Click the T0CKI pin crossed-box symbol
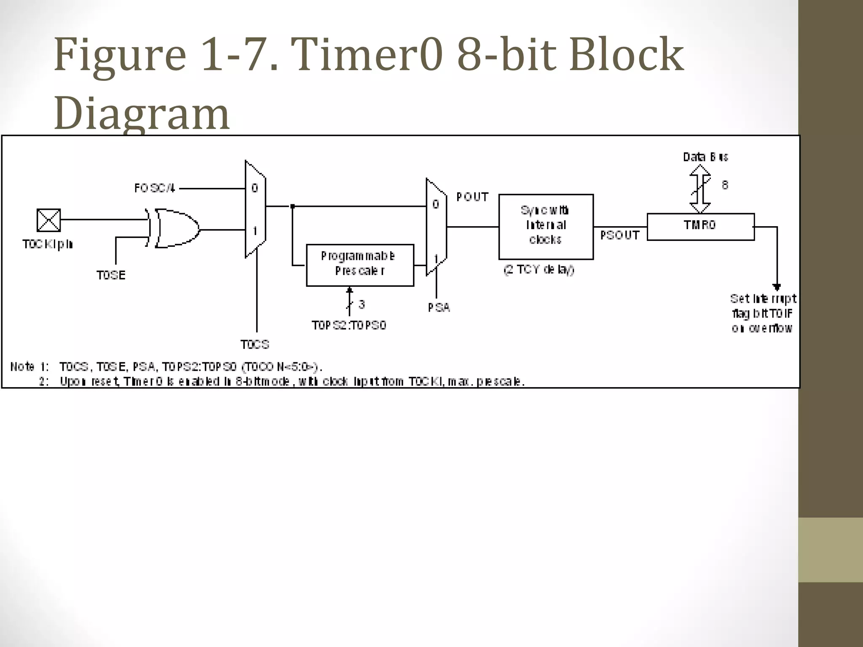pyautogui.click(x=49, y=220)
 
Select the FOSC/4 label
pyautogui.click(x=154, y=188)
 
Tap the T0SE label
pyautogui.click(x=111, y=275)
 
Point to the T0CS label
pyautogui.click(x=255, y=344)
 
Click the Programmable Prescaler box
pyautogui.click(x=360, y=265)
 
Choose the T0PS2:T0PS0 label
pyautogui.click(x=349, y=325)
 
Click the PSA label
pyautogui.click(x=439, y=307)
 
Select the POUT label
pyautogui.click(x=472, y=197)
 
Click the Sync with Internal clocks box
pyautogui.click(x=546, y=226)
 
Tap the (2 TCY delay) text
pyautogui.click(x=539, y=270)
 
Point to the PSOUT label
pyautogui.click(x=619, y=235)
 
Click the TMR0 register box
pyautogui.click(x=700, y=227)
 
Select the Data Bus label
pyautogui.click(x=705, y=157)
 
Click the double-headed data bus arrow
pyautogui.click(x=700, y=189)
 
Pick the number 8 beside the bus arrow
pyautogui.click(x=725, y=184)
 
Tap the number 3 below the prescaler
pyautogui.click(x=362, y=304)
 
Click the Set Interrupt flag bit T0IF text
pyautogui.click(x=763, y=313)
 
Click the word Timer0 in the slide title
pyautogui.click(x=367, y=55)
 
